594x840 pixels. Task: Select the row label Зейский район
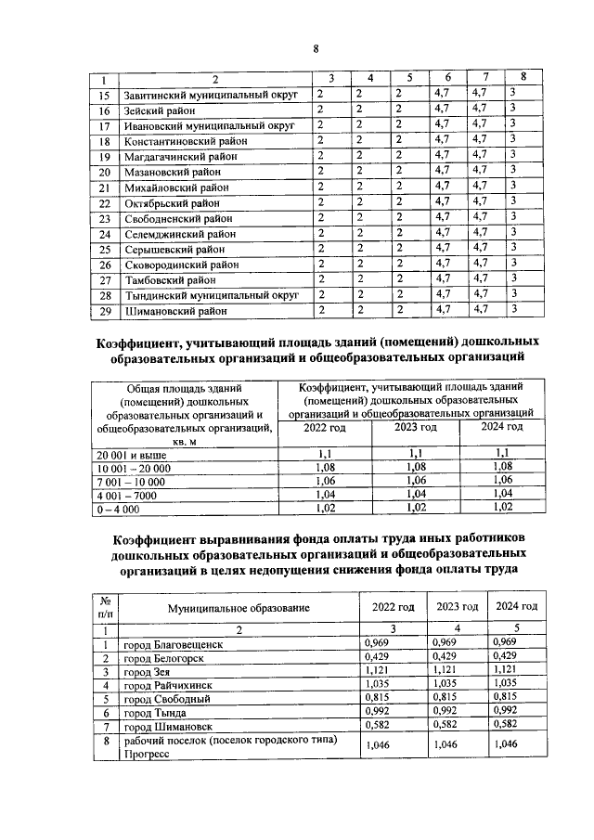tap(160, 110)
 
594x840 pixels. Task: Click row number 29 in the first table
tap(105, 311)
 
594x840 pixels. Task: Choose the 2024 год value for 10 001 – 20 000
tap(501, 467)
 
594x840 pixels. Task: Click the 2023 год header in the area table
tap(415, 427)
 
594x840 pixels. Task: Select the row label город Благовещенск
tap(174, 643)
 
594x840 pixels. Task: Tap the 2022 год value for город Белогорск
tap(378, 657)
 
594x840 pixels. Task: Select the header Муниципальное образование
tap(238, 607)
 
